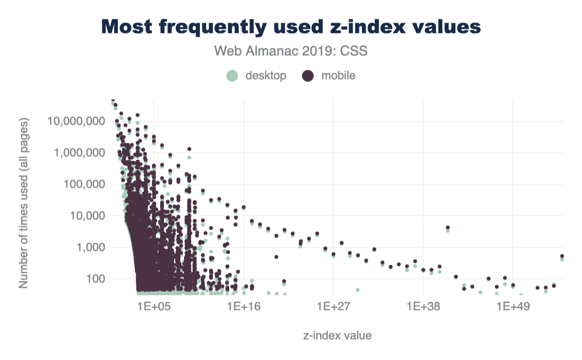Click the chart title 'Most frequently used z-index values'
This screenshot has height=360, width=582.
click(291, 27)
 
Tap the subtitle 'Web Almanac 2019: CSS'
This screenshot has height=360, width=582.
click(291, 50)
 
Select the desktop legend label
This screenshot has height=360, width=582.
click(266, 76)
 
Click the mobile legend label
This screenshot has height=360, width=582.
click(339, 76)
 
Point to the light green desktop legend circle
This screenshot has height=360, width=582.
click(232, 76)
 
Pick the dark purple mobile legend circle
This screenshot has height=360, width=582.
click(307, 76)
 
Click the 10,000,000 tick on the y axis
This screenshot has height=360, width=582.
click(78, 121)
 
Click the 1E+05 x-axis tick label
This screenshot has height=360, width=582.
click(154, 308)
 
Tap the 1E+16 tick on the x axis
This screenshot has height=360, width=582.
click(243, 308)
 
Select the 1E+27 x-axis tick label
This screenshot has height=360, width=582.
click(333, 308)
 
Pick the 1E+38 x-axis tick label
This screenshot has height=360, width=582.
click(423, 308)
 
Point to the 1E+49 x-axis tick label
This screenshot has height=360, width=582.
click(513, 308)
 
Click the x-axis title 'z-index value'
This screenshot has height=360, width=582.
click(338, 335)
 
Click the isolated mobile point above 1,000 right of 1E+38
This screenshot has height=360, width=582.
click(448, 227)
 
